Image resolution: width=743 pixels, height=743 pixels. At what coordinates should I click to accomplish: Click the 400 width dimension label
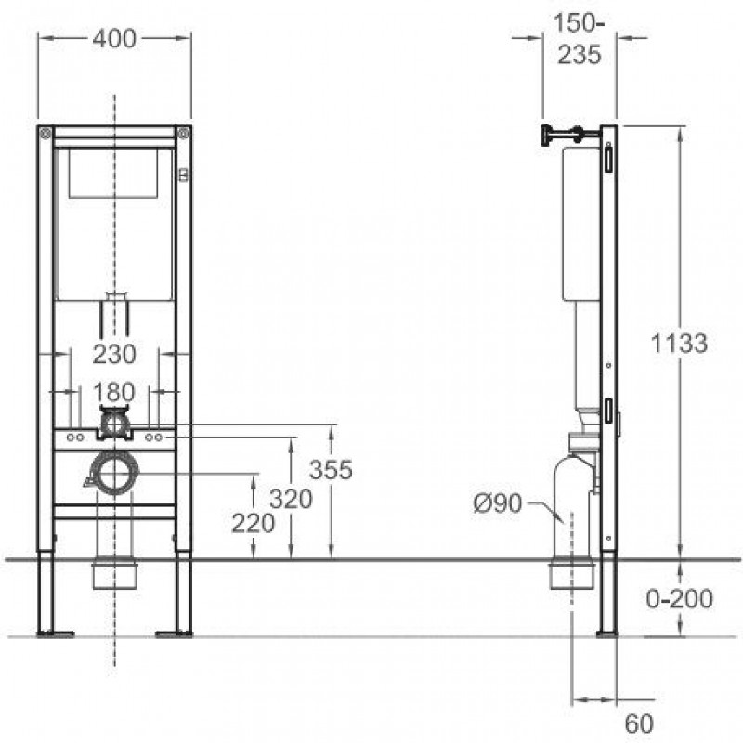(x=114, y=38)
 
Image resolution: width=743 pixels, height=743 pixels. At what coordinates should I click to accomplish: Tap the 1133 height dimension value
(x=679, y=343)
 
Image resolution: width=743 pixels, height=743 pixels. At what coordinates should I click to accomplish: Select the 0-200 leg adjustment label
(x=680, y=598)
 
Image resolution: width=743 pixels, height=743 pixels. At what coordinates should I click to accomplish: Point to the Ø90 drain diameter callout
(x=498, y=502)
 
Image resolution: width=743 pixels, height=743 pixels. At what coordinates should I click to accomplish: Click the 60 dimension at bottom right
(x=639, y=723)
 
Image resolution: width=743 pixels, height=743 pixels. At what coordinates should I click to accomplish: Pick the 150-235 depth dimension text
(x=580, y=38)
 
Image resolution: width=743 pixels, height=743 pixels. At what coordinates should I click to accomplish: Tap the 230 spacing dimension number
(x=114, y=354)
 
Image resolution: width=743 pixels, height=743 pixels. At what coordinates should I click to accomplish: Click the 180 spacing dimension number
(x=114, y=392)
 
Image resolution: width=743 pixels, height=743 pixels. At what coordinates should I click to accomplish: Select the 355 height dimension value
(x=331, y=470)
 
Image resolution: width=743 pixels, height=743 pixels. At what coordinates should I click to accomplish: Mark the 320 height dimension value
(x=291, y=499)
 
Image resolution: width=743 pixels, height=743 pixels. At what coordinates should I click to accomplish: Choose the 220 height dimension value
(x=253, y=524)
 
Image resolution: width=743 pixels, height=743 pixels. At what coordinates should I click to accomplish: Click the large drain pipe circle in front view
(x=114, y=474)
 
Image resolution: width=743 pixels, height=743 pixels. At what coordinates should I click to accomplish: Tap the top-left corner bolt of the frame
(x=46, y=134)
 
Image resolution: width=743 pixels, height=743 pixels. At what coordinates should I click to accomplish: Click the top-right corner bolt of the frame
(x=183, y=134)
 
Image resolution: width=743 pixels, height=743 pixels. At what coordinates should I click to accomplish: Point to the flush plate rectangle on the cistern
(x=113, y=173)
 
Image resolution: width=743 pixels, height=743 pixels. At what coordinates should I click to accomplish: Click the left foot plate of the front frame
(x=56, y=633)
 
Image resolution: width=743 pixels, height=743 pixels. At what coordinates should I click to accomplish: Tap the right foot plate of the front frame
(x=174, y=633)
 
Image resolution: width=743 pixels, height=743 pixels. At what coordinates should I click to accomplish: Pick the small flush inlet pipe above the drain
(x=114, y=423)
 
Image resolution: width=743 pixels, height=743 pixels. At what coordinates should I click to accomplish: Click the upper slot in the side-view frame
(x=608, y=159)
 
